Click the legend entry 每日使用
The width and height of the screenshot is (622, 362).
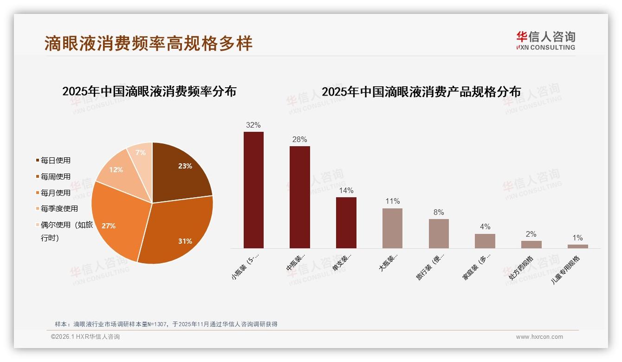pos(55,161)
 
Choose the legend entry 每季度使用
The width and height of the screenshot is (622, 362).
pos(59,209)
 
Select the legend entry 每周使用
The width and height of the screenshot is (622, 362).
pos(55,177)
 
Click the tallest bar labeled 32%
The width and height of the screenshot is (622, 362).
pos(253,190)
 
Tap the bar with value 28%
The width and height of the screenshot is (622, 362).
pos(299,197)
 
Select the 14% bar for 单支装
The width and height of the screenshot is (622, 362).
pos(346,223)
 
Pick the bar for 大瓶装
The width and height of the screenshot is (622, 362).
pos(392,228)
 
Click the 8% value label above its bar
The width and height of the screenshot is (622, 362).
pos(439,213)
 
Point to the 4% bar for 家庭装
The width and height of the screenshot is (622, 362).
pos(485,241)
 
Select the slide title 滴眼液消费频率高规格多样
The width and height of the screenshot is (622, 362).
pos(149,44)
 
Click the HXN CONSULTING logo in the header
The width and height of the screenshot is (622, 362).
pos(545,41)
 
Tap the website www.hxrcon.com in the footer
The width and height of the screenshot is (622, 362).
pos(539,337)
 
